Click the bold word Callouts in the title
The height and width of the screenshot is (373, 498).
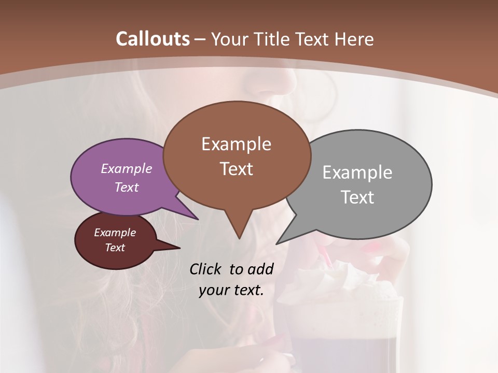[x=153, y=39]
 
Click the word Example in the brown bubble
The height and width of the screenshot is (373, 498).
[x=236, y=144]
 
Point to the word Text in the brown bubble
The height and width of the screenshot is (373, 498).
[x=236, y=169]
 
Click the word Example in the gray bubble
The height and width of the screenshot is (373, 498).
[x=357, y=173]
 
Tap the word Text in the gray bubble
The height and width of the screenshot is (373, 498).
[x=357, y=197]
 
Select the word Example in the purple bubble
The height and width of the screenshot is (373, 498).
[x=126, y=168]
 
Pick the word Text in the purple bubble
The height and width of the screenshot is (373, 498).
[x=126, y=187]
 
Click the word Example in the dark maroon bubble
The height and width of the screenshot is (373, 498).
[x=115, y=233]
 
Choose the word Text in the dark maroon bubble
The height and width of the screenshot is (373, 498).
[x=115, y=248]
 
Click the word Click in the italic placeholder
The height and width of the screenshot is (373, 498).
[x=206, y=269]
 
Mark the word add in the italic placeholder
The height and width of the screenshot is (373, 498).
[x=260, y=269]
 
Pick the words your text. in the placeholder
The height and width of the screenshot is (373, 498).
[x=231, y=290]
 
